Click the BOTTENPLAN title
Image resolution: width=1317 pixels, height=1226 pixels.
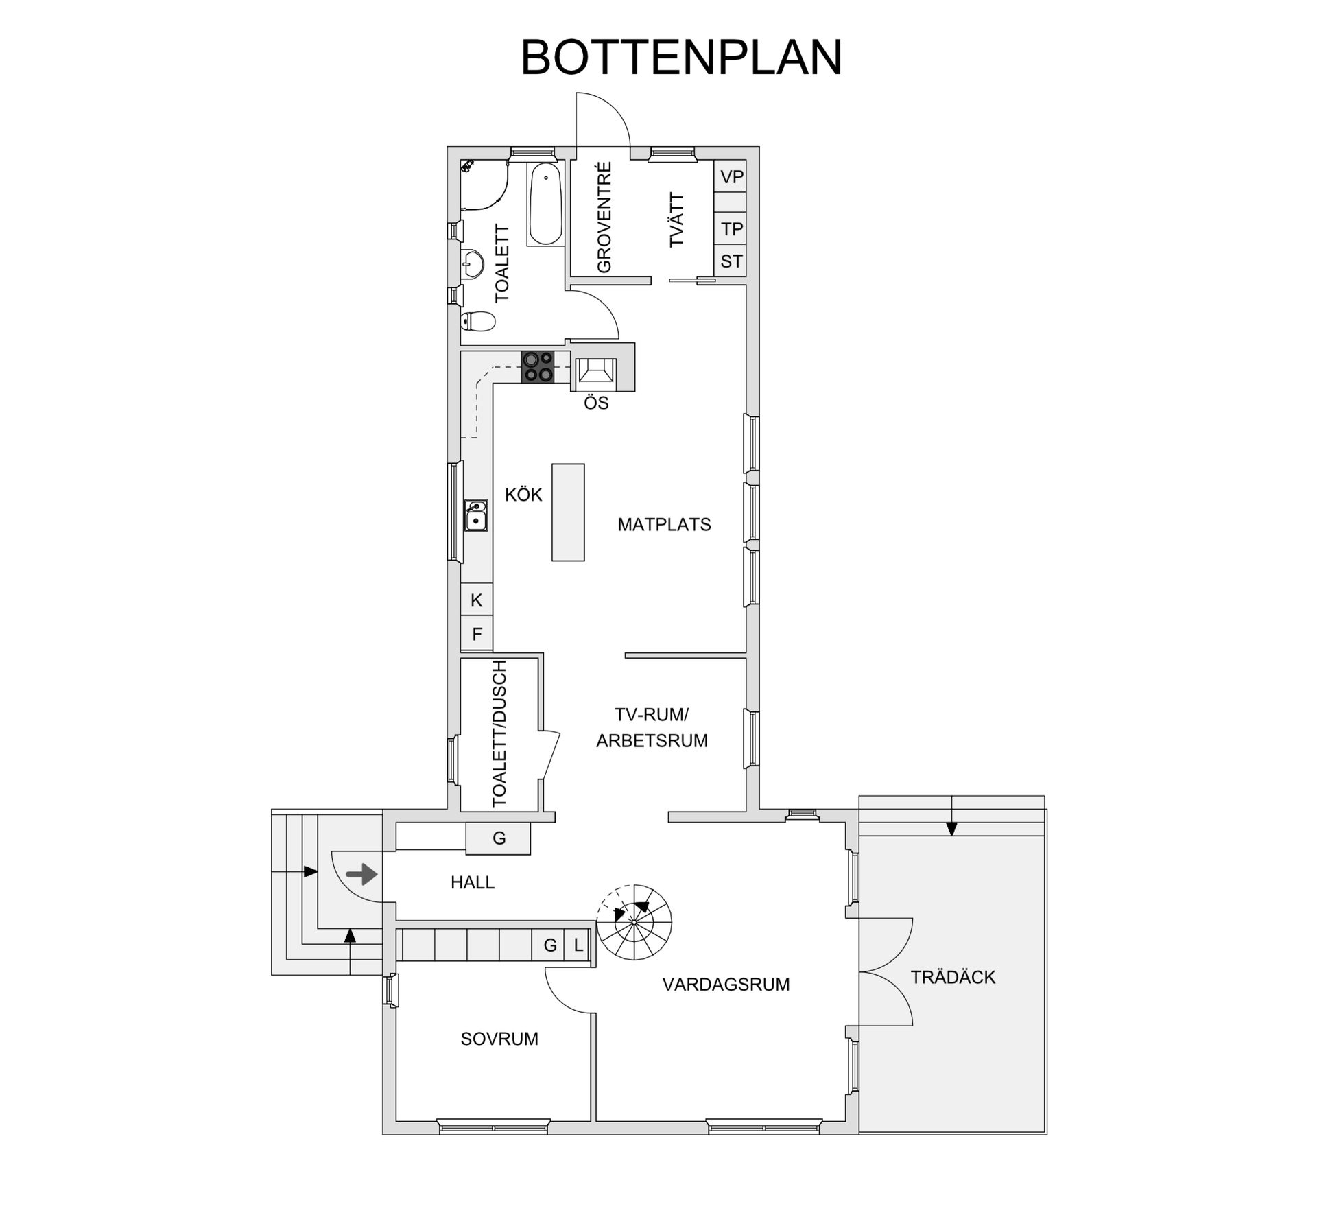point(680,58)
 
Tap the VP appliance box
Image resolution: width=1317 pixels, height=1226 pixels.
point(731,177)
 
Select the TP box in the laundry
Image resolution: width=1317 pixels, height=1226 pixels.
point(731,228)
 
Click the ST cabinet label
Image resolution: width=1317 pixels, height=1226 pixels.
point(731,261)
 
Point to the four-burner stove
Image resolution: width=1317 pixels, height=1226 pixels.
point(538,366)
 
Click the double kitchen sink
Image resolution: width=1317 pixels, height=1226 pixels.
point(476,515)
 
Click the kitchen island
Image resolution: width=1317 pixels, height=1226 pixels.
point(568,512)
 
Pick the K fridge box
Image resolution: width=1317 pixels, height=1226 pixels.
point(477,600)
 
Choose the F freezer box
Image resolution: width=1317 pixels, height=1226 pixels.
point(477,634)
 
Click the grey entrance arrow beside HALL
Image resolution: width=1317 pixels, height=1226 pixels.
point(361,874)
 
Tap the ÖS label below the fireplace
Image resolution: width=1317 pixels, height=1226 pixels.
point(596,403)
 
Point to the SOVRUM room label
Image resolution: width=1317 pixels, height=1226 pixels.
point(499,1039)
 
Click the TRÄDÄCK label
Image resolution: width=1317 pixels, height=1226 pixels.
point(952,977)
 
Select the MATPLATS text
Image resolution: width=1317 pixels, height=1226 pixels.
point(664,525)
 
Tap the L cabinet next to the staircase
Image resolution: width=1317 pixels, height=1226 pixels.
point(578,945)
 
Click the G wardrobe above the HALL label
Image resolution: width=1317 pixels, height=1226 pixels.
point(499,838)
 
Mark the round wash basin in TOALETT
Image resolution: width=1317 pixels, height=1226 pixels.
point(473,263)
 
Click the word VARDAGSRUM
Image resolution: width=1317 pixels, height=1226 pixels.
point(726,985)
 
